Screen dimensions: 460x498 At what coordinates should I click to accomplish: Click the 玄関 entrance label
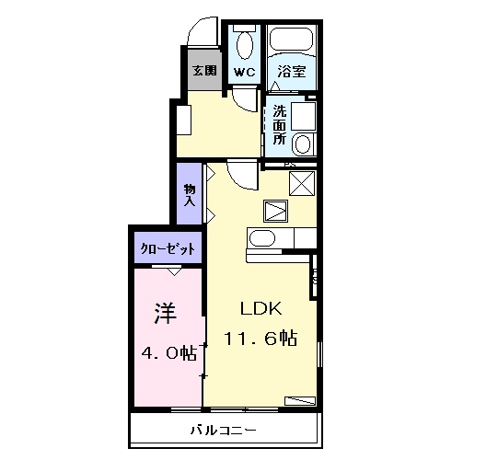point(204,71)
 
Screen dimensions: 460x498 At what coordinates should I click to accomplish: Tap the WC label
point(244,71)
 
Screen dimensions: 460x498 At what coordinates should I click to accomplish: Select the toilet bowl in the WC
point(245,43)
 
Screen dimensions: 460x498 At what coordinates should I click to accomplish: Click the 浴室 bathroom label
point(290,71)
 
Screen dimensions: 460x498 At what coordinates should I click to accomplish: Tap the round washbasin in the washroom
point(302,143)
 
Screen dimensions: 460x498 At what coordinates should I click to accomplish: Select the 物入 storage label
point(190,195)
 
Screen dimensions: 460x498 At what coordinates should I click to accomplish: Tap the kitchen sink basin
point(262,240)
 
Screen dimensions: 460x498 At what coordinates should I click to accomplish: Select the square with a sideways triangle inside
point(276,211)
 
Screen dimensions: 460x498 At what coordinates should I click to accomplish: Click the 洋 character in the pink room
point(166,313)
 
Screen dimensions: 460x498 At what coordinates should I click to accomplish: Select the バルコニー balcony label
point(224,430)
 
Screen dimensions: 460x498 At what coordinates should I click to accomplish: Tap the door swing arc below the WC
point(244,100)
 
